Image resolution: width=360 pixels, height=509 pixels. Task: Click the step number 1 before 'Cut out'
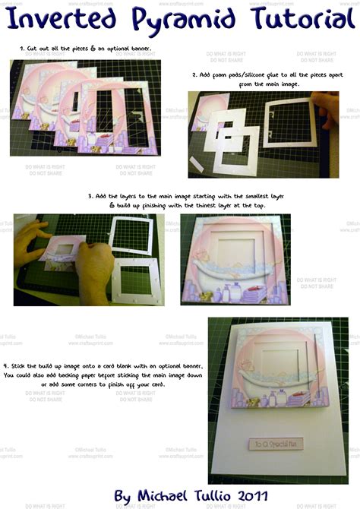[22, 49]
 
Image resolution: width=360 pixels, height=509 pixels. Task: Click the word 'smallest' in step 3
[239, 195]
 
